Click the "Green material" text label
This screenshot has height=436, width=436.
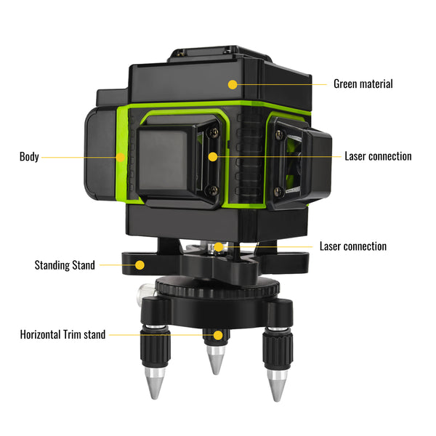[363, 84]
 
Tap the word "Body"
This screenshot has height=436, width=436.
[30, 156]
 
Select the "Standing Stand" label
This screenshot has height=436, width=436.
[65, 265]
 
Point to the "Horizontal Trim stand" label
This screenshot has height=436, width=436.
[62, 335]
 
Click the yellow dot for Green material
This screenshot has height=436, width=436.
[233, 84]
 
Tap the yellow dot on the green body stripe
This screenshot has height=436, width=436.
[121, 156]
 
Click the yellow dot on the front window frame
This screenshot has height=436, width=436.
[212, 156]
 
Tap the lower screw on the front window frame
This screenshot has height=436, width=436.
[212, 190]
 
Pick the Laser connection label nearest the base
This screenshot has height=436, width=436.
[352, 246]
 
